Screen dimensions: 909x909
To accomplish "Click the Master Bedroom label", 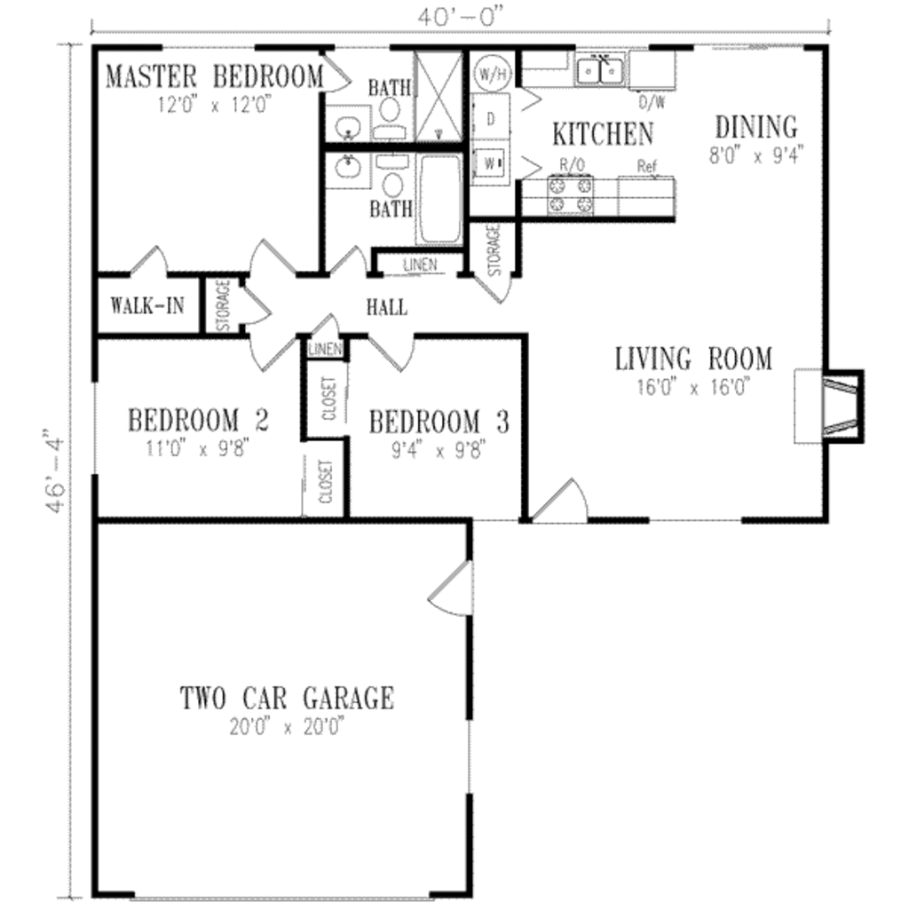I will (214, 76).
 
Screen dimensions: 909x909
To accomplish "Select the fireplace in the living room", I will (839, 404).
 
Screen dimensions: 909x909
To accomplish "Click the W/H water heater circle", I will (489, 72).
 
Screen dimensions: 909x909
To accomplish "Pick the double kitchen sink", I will (600, 69).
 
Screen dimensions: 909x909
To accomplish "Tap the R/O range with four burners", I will (570, 195).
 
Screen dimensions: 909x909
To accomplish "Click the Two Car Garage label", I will (287, 698).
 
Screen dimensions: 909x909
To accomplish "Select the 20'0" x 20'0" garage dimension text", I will (287, 727).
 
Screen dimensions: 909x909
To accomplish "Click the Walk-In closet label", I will (147, 306).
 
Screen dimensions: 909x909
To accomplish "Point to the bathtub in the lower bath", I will (439, 200).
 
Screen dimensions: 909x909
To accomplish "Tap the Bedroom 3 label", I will (439, 422).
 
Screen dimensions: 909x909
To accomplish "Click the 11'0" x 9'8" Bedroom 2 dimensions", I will (198, 448).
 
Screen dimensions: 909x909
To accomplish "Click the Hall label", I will (387, 308).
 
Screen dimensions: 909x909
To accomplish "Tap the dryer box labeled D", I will (490, 120).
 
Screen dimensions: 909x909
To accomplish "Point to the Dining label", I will (756, 126).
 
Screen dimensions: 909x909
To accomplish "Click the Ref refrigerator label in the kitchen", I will (645, 166).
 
